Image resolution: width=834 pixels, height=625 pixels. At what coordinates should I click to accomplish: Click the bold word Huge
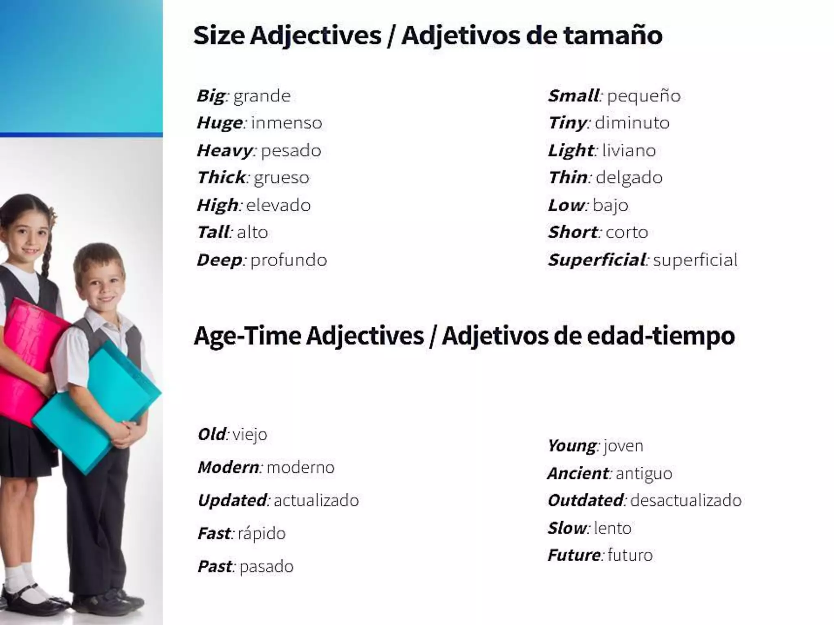coord(220,123)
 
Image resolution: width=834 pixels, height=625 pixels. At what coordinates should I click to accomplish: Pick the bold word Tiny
coord(567,123)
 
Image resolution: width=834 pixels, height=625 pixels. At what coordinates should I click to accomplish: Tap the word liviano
coord(629,151)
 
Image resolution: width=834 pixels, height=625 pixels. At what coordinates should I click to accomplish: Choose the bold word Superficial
coord(597,260)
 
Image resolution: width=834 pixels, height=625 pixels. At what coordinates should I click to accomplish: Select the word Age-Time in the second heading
coord(248,336)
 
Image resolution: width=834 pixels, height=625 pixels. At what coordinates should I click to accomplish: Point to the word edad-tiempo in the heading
coord(661,336)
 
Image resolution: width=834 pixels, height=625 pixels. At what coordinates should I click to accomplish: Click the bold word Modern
coord(228,467)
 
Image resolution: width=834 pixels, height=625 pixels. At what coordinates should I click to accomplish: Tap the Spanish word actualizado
coord(316,500)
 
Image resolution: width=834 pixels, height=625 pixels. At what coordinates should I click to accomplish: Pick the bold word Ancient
coord(578,474)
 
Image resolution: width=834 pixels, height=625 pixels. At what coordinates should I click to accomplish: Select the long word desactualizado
coord(686,500)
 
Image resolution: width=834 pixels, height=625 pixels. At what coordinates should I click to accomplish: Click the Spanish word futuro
coord(630,555)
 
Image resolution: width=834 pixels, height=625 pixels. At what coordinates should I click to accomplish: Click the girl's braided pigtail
coord(46,252)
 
